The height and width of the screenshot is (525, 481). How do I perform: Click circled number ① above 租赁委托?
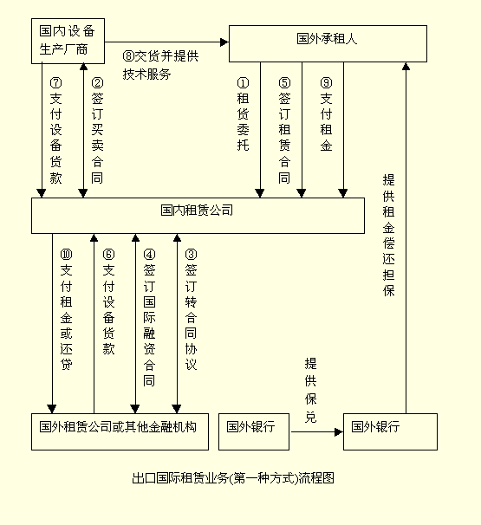(x=244, y=82)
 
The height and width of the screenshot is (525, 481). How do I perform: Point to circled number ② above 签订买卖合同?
(x=97, y=82)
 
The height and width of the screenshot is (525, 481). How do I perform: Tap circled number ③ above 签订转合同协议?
(x=191, y=255)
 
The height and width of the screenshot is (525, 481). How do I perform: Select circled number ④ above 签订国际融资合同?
(x=149, y=255)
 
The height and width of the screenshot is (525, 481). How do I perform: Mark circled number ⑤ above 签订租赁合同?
(x=285, y=82)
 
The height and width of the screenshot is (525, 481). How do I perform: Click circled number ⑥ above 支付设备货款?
(x=108, y=255)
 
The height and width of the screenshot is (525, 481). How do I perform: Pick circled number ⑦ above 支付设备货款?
(x=55, y=82)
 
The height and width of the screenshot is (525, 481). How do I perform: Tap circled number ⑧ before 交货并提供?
(x=128, y=56)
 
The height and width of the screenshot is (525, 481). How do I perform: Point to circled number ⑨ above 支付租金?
(x=326, y=82)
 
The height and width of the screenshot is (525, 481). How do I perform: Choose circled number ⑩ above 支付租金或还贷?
(x=66, y=255)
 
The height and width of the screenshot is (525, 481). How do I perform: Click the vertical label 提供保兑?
(x=310, y=391)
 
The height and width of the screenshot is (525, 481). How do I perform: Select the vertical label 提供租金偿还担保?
(x=388, y=235)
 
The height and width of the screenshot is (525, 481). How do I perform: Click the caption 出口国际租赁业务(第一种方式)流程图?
(x=233, y=478)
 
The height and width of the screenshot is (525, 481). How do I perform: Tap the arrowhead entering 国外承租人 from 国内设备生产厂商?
(x=224, y=42)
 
